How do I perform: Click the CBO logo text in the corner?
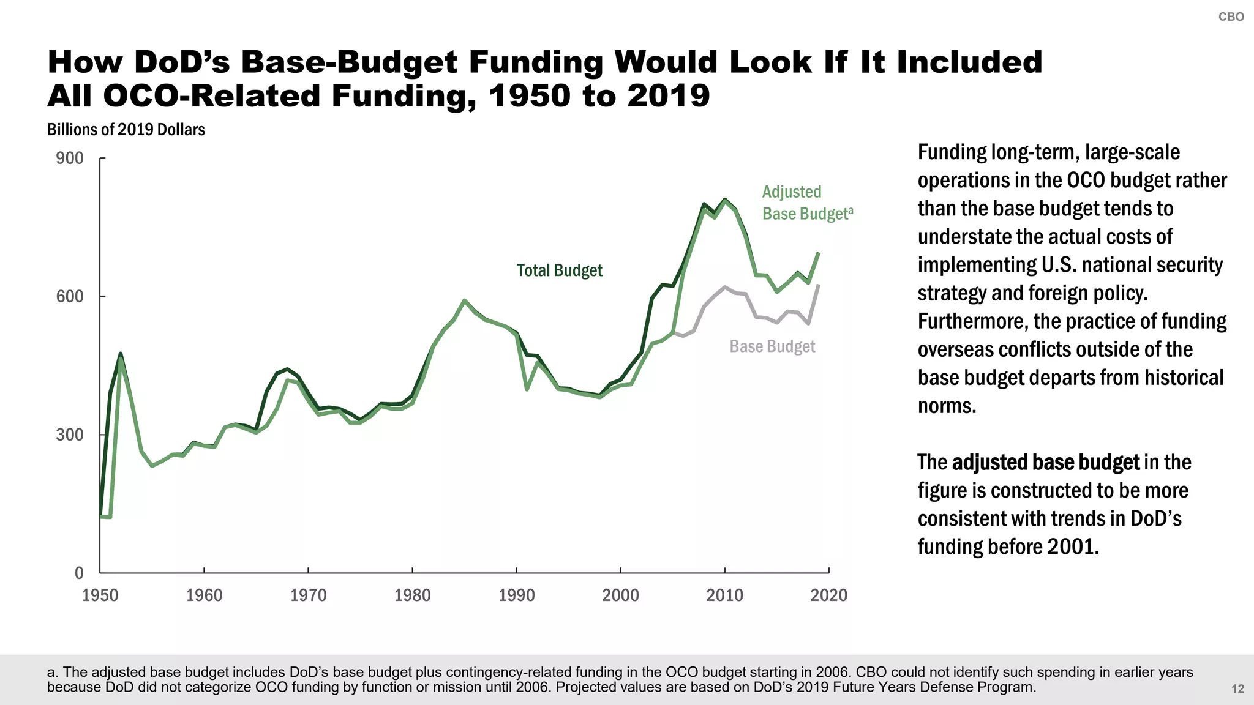[x=1231, y=17]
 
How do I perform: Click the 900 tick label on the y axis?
[x=70, y=159]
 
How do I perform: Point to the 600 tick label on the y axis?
[x=70, y=297]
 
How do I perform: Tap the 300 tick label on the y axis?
[x=70, y=435]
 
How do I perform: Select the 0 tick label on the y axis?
[x=79, y=573]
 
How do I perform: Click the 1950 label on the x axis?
[x=100, y=595]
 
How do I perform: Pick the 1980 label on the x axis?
[x=412, y=595]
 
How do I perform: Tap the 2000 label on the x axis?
[x=620, y=595]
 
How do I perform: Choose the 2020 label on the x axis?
[x=828, y=595]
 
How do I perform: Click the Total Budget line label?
[x=559, y=270]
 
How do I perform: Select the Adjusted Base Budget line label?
[x=806, y=203]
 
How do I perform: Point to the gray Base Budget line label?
[x=772, y=346]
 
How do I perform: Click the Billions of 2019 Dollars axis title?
[x=126, y=130]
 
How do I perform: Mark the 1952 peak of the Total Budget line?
[x=121, y=354]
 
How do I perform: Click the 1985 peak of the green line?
[x=465, y=300]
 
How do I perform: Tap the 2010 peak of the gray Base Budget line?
[x=725, y=287]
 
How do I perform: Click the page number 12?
[x=1237, y=689]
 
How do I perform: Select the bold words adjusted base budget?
[x=1046, y=463]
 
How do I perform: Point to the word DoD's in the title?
[x=182, y=62]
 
